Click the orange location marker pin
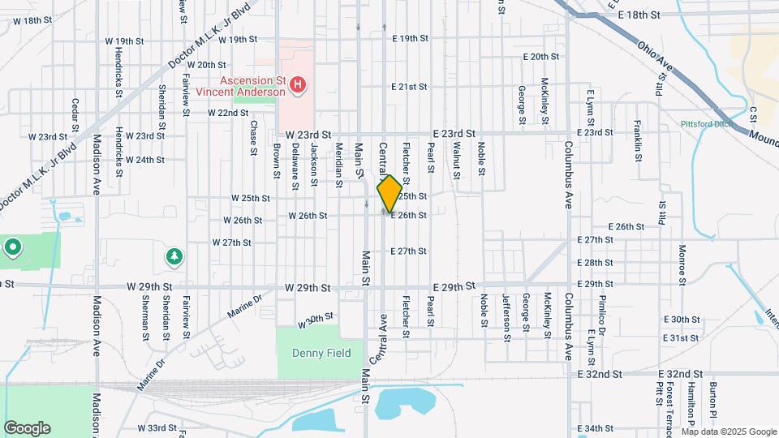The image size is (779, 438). click(x=389, y=194)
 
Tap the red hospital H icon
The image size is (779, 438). click(x=299, y=84)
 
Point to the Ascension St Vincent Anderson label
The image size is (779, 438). click(x=252, y=86)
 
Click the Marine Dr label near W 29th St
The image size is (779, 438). click(x=246, y=307)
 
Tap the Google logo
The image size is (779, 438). click(x=27, y=427)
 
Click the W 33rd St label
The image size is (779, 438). click(x=157, y=427)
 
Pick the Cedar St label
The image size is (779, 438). click(x=75, y=114)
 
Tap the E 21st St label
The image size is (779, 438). click(x=409, y=86)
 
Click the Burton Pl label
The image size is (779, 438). click(x=713, y=401)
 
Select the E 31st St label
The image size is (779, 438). click(x=681, y=337)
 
